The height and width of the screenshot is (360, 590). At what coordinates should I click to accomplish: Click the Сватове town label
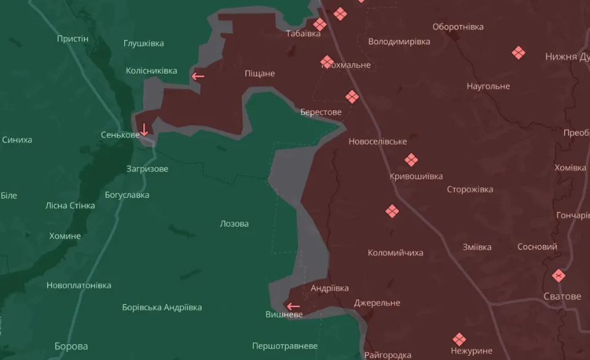[562, 296]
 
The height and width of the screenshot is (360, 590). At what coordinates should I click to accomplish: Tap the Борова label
[71, 346]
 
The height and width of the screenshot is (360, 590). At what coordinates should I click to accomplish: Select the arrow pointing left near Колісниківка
[198, 76]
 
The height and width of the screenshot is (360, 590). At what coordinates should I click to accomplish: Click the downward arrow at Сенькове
[144, 129]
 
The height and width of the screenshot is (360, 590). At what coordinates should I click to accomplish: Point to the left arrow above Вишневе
[293, 306]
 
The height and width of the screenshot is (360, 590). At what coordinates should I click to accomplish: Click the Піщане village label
[260, 74]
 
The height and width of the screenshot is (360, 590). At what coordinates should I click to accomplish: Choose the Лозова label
[234, 224]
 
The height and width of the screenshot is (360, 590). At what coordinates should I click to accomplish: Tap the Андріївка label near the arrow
[329, 288]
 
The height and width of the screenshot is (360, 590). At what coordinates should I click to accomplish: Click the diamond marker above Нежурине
[459, 339]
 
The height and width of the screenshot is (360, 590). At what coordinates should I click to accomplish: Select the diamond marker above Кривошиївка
[411, 160]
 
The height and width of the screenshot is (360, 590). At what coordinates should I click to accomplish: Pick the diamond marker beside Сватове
[559, 276]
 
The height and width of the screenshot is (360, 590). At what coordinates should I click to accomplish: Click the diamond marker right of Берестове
[352, 96]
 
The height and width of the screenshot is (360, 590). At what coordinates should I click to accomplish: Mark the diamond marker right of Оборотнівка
[519, 53]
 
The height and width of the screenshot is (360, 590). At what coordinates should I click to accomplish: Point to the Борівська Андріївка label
[162, 307]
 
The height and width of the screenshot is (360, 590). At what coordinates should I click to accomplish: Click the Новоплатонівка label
[79, 285]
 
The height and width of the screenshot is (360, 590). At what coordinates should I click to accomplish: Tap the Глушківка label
[143, 44]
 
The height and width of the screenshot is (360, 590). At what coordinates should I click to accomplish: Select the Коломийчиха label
[395, 252]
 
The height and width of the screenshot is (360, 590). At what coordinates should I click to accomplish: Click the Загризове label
[147, 168]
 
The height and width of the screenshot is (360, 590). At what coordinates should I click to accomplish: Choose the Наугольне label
[488, 86]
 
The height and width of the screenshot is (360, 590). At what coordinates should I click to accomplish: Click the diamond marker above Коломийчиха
[392, 211]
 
